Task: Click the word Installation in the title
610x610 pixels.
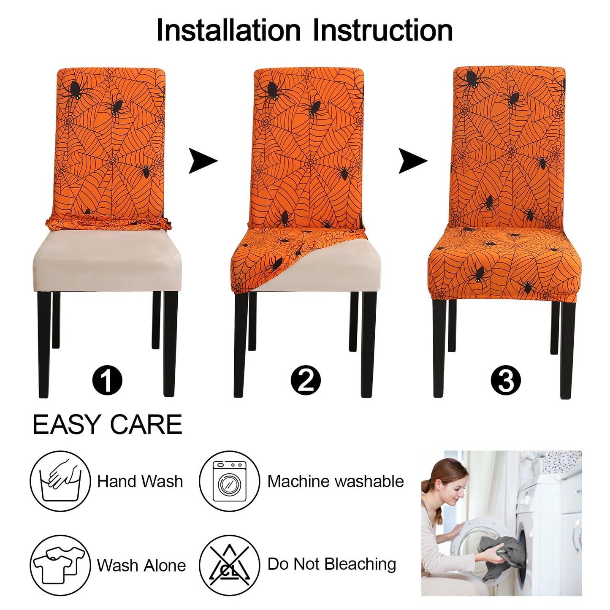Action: pyautogui.click(x=228, y=30)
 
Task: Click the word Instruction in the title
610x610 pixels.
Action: pyautogui.click(x=382, y=30)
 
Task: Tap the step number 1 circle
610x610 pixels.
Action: pyautogui.click(x=107, y=381)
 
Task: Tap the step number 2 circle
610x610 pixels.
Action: pyautogui.click(x=306, y=381)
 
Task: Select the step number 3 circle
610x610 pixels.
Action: pyautogui.click(x=506, y=381)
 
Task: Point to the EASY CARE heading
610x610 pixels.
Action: pyautogui.click(x=107, y=425)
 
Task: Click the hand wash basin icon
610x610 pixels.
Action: pyautogui.click(x=60, y=481)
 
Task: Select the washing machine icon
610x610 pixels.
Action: pyautogui.click(x=229, y=481)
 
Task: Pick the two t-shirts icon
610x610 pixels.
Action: pyautogui.click(x=60, y=565)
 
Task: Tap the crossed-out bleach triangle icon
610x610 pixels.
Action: pyautogui.click(x=229, y=565)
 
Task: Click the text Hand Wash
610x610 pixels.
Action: pyautogui.click(x=140, y=482)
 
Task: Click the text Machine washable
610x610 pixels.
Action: pyautogui.click(x=336, y=482)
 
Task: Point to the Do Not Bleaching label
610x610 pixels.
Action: pyautogui.click(x=332, y=564)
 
